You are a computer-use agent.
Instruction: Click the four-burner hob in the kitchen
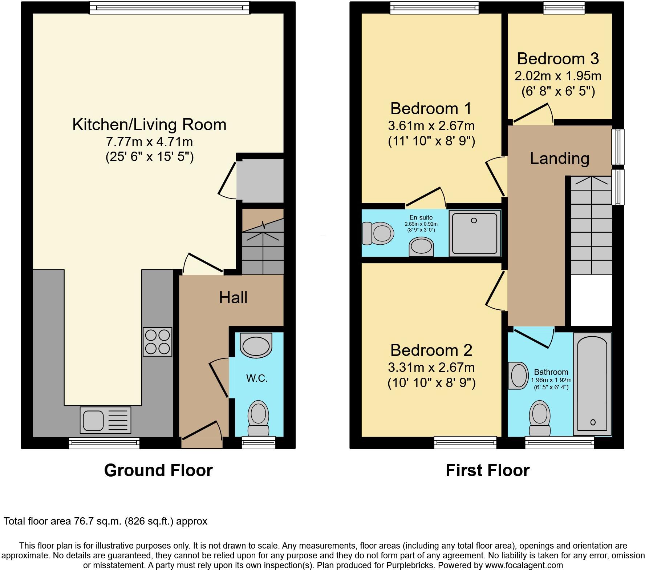157,342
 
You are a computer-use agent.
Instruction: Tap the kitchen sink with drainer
105,420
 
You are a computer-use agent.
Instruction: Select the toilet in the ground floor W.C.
258,418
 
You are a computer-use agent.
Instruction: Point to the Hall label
233,298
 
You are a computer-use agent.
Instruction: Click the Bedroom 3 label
558,59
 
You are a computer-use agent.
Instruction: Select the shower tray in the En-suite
475,233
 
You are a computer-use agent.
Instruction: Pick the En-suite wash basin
422,247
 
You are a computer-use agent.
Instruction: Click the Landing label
559,158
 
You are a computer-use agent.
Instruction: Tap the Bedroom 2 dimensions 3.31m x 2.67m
431,368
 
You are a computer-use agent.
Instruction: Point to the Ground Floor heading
158,470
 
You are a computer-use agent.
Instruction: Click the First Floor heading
487,470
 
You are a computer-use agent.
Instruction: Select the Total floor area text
105,521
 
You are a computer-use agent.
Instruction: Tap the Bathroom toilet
540,418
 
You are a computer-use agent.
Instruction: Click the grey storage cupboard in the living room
260,180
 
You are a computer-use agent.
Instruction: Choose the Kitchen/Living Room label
149,125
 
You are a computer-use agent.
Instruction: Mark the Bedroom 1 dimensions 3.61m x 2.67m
431,126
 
